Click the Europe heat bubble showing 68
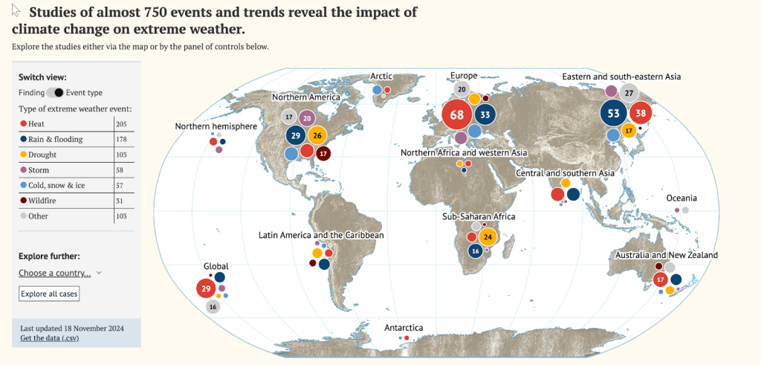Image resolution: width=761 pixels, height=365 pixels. tap(456, 115)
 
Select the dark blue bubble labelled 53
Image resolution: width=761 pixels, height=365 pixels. tap(613, 114)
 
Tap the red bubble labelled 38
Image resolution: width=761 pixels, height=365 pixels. tap(641, 114)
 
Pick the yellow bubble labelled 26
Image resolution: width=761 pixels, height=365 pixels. tap(317, 135)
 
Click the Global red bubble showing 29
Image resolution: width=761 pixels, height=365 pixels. tap(206, 288)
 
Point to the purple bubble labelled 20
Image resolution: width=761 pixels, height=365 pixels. tap(307, 117)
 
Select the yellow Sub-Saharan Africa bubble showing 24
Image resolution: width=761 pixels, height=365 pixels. tap(488, 238)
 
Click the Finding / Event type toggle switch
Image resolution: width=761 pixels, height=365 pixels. tap(54, 93)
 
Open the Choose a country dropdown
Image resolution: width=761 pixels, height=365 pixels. tap(59, 273)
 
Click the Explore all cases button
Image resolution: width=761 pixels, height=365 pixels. tap(48, 294)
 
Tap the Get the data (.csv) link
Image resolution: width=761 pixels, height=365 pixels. tap(50, 338)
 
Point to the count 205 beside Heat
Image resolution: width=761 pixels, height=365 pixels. tap(122, 124)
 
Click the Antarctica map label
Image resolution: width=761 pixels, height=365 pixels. tap(404, 328)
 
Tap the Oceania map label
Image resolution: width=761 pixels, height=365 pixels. tap(681, 198)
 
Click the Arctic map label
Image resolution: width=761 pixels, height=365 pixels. tap(382, 77)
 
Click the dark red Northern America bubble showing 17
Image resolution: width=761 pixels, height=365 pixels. tap(323, 154)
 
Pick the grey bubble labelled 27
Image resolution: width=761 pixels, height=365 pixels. tap(629, 93)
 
